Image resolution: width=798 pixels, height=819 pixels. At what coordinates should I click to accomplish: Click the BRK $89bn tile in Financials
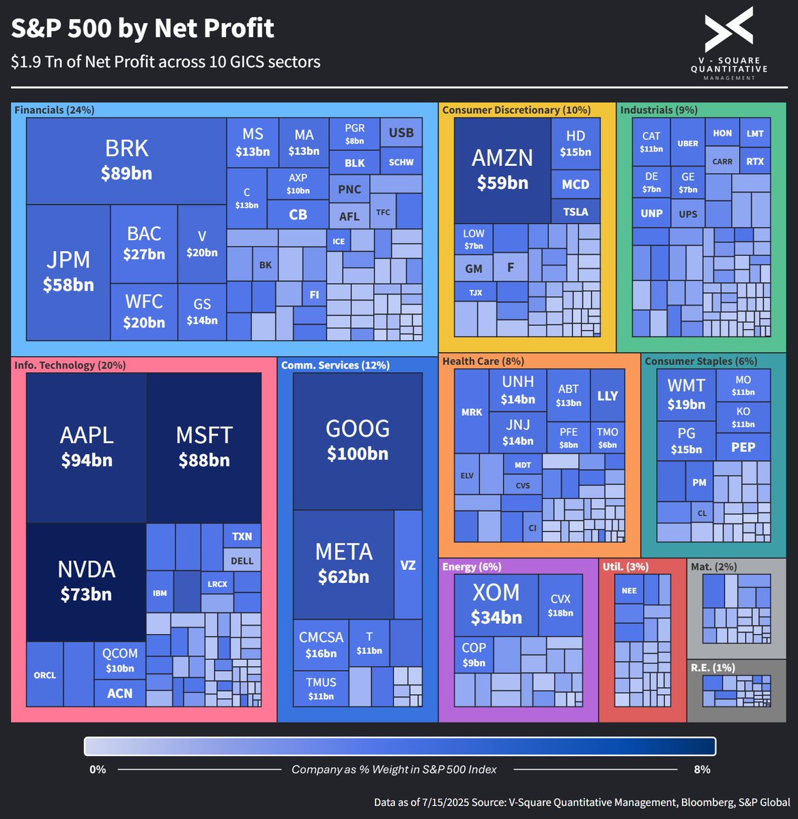click(x=126, y=161)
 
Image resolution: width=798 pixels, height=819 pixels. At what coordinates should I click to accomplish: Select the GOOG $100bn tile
click(x=358, y=440)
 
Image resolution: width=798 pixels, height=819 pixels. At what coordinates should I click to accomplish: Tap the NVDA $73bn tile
click(x=86, y=581)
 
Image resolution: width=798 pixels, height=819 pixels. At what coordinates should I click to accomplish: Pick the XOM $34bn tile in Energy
click(x=496, y=604)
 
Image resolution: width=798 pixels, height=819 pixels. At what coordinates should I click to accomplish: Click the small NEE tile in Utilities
click(x=629, y=591)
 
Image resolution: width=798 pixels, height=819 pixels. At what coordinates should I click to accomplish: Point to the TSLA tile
click(x=575, y=212)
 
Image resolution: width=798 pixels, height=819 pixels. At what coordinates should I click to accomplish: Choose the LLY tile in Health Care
click(x=608, y=396)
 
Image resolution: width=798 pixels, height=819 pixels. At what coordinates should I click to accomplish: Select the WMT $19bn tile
click(x=686, y=394)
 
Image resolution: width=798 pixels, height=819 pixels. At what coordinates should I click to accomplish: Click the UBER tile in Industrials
click(x=687, y=143)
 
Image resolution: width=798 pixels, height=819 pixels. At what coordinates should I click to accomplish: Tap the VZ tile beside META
click(x=408, y=565)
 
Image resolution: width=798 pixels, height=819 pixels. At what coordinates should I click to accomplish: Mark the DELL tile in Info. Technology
click(x=242, y=560)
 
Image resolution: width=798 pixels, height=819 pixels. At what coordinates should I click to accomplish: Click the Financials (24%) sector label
click(x=55, y=110)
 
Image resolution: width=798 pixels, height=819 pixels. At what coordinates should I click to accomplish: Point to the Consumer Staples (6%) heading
click(x=701, y=361)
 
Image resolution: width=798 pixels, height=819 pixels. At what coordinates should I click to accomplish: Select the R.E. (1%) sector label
click(x=713, y=667)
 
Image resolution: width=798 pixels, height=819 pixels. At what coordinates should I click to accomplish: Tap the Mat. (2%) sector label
click(x=713, y=566)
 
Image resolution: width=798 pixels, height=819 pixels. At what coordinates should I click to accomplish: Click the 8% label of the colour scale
click(x=702, y=769)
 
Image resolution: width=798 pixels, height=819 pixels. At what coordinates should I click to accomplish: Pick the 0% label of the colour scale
click(x=98, y=769)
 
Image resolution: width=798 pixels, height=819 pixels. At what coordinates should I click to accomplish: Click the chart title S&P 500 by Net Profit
click(x=143, y=29)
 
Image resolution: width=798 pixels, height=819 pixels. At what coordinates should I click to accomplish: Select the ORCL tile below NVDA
click(x=45, y=675)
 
